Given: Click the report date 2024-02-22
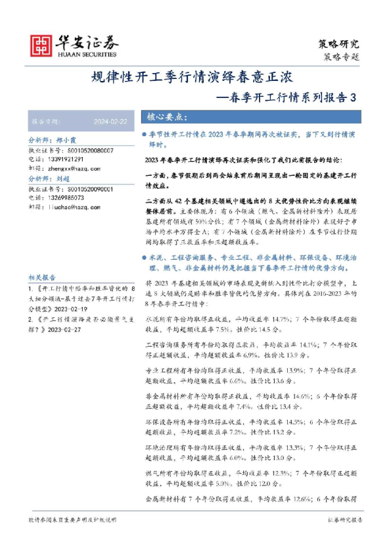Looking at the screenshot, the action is coord(110,122).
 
